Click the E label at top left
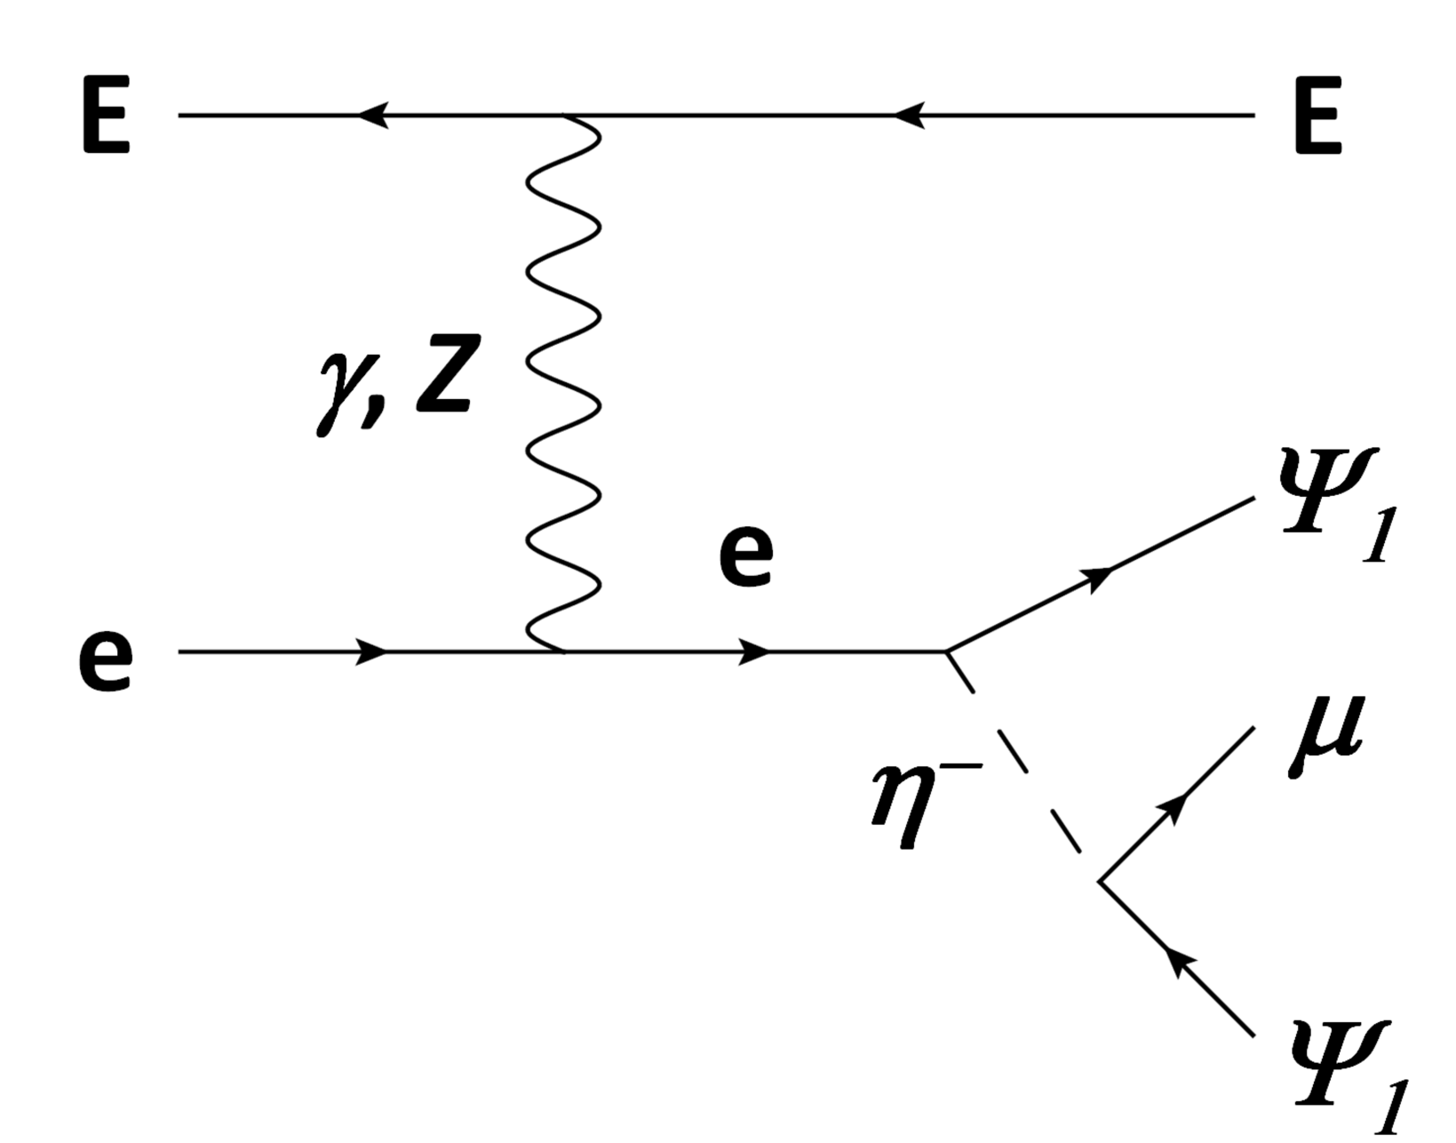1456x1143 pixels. [106, 116]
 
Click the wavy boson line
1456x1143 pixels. [563, 382]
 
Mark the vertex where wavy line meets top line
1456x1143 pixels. [563, 116]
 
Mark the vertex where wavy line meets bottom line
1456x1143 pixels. [563, 652]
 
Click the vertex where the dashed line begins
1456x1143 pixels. [947, 652]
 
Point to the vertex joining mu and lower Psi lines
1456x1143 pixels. [1100, 882]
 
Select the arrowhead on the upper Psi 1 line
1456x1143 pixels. [1100, 576]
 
